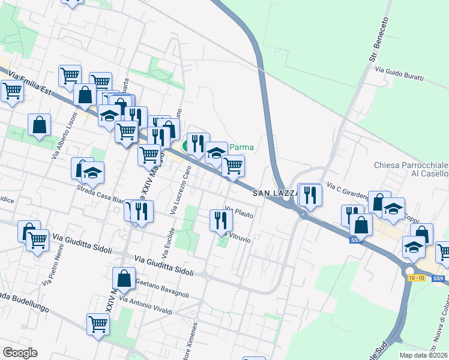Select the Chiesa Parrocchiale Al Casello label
[411, 169]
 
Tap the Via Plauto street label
[239, 212]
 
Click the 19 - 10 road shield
[416, 278]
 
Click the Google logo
[19, 353]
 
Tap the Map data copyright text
[423, 355]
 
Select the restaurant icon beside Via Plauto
[220, 221]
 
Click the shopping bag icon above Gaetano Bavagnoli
[124, 278]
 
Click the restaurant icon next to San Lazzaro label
[310, 194]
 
